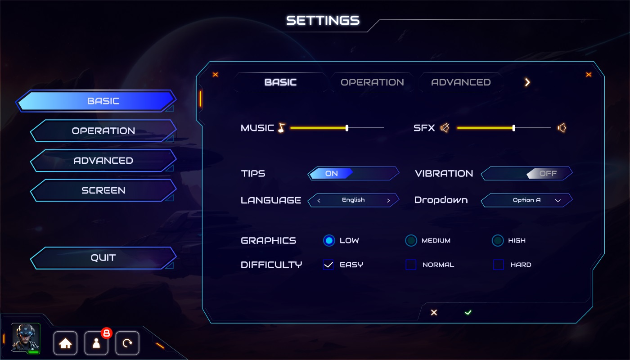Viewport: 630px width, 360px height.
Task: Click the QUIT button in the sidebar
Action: point(103,258)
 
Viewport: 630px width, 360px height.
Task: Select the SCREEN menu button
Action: point(103,190)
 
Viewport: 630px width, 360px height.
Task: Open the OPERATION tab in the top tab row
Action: point(372,82)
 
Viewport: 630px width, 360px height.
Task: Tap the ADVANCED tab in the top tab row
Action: point(461,82)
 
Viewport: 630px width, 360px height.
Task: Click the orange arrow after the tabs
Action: point(527,82)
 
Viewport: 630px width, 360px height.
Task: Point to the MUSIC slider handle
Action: point(347,128)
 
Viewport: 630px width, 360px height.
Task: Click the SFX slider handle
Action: point(514,128)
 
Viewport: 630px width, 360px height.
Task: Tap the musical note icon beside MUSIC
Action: point(282,128)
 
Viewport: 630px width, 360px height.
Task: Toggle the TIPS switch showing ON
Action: point(353,174)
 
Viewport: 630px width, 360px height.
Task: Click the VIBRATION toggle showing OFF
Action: point(527,174)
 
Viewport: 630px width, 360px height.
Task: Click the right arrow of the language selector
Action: point(388,201)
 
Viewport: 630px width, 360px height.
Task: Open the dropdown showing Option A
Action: point(527,200)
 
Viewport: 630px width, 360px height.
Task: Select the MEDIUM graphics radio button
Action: point(411,241)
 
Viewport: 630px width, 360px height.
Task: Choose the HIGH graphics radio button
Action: point(497,241)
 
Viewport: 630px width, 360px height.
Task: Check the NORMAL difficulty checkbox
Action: point(411,265)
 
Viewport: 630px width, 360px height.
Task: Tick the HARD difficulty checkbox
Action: point(499,265)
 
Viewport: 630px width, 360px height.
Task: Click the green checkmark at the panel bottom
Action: point(468,312)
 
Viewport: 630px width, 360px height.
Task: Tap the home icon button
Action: point(65,343)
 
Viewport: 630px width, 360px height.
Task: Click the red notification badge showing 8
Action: point(107,333)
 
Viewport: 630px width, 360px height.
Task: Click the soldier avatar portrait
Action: point(26,337)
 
